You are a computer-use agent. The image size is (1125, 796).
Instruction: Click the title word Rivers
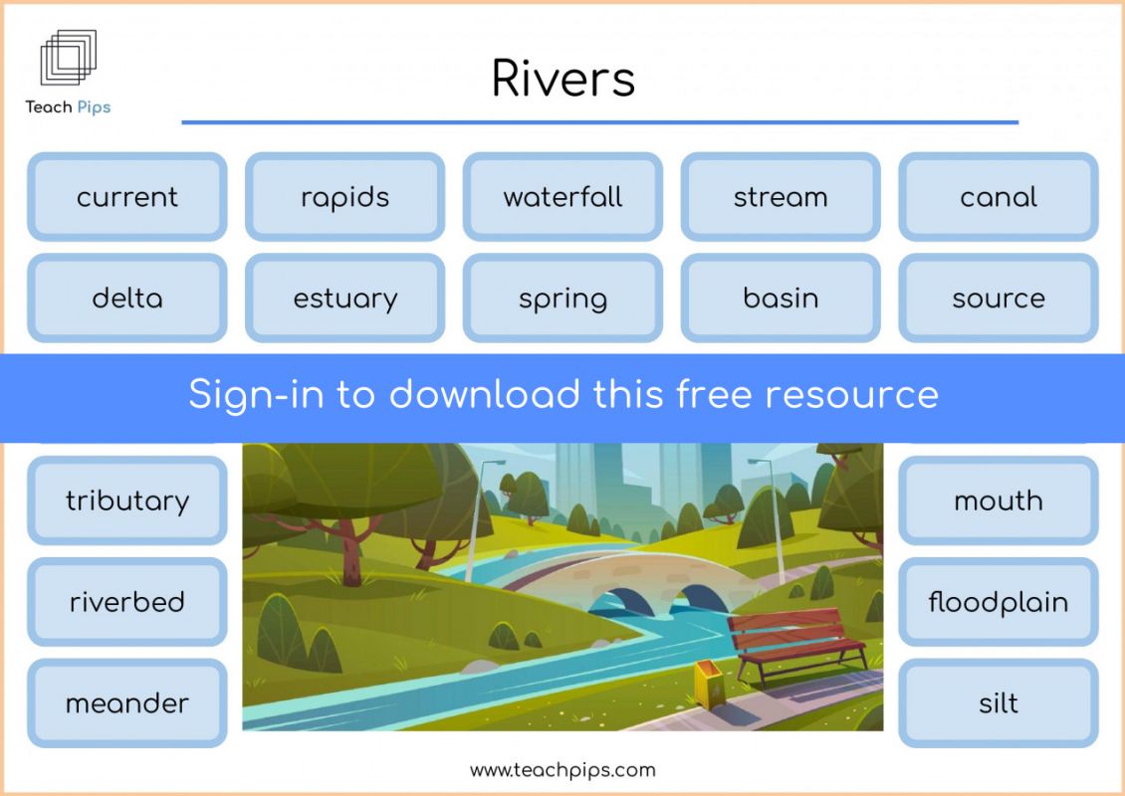click(x=563, y=78)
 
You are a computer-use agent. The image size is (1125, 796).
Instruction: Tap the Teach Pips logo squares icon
click(x=68, y=58)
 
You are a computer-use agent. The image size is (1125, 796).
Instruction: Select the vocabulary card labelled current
click(x=127, y=196)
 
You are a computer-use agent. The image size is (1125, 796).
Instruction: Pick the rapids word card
click(x=345, y=196)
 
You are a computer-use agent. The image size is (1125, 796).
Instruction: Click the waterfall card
click(x=563, y=196)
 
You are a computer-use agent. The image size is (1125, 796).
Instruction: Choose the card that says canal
click(x=998, y=196)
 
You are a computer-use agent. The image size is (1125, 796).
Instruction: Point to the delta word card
click(x=127, y=298)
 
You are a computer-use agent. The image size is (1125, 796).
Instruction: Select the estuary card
click(x=345, y=298)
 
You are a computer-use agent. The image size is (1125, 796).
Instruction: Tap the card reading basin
click(x=781, y=298)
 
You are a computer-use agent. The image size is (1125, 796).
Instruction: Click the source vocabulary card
click(x=998, y=298)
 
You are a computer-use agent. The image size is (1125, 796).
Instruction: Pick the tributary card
click(x=127, y=500)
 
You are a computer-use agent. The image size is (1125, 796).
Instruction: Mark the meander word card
click(x=127, y=702)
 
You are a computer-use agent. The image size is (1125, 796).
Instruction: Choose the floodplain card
click(x=998, y=602)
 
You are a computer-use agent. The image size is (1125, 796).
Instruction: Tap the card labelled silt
click(x=998, y=702)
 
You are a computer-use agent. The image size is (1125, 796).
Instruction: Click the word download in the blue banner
click(x=484, y=394)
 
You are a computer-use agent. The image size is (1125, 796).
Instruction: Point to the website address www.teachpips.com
click(x=562, y=770)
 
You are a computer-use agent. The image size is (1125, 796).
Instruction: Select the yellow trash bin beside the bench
click(x=708, y=685)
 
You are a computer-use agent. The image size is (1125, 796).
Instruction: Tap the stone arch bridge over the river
click(x=631, y=581)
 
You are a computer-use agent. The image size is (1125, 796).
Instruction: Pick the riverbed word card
click(x=127, y=602)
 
